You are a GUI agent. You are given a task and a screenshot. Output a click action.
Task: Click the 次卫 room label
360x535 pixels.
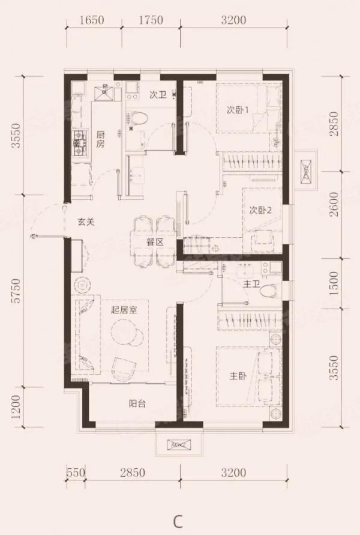pyautogui.click(x=158, y=94)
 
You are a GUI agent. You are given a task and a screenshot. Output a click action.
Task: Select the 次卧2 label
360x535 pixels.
pyautogui.click(x=261, y=210)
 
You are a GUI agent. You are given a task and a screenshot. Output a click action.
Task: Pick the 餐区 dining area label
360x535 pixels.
pyautogui.click(x=155, y=242)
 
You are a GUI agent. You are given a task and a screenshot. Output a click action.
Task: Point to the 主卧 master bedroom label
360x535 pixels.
pyautogui.click(x=238, y=376)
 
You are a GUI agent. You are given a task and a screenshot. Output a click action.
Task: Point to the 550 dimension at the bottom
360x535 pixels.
pyautogui.click(x=74, y=473)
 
